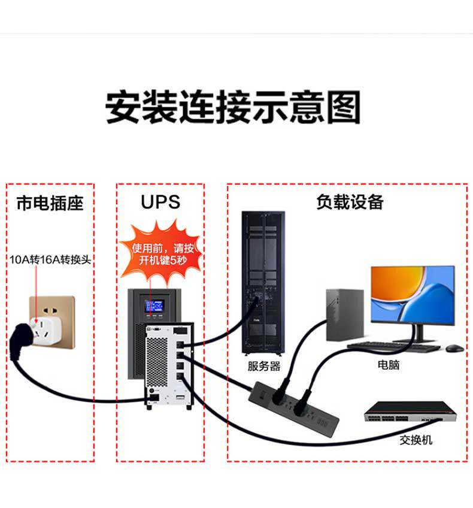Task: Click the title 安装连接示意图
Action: [x=233, y=107]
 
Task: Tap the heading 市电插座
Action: [x=50, y=203]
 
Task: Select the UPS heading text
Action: [x=160, y=202]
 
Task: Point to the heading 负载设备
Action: [x=350, y=202]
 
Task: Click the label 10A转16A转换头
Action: [x=50, y=259]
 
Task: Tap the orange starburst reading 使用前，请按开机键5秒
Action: [x=162, y=253]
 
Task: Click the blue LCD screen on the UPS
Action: [x=154, y=306]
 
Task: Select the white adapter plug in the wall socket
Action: [x=46, y=330]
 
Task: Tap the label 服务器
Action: [x=264, y=366]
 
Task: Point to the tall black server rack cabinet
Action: [x=263, y=283]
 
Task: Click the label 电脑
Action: [x=389, y=365]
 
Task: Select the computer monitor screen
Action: [x=413, y=295]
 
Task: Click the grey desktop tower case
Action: [x=345, y=315]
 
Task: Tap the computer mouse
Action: [x=454, y=348]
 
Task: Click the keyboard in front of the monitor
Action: [x=394, y=347]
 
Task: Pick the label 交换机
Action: [x=416, y=440]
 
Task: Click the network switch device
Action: [x=410, y=412]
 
